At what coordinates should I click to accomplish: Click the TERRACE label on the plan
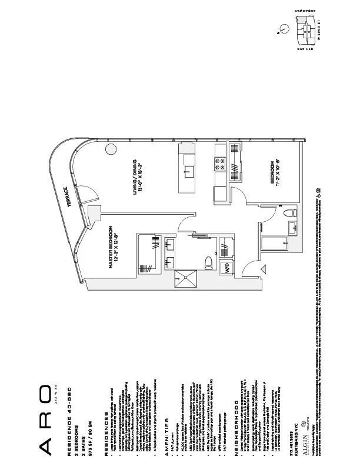point(69,197)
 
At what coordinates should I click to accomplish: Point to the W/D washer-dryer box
point(209,269)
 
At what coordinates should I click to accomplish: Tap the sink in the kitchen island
point(191,171)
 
